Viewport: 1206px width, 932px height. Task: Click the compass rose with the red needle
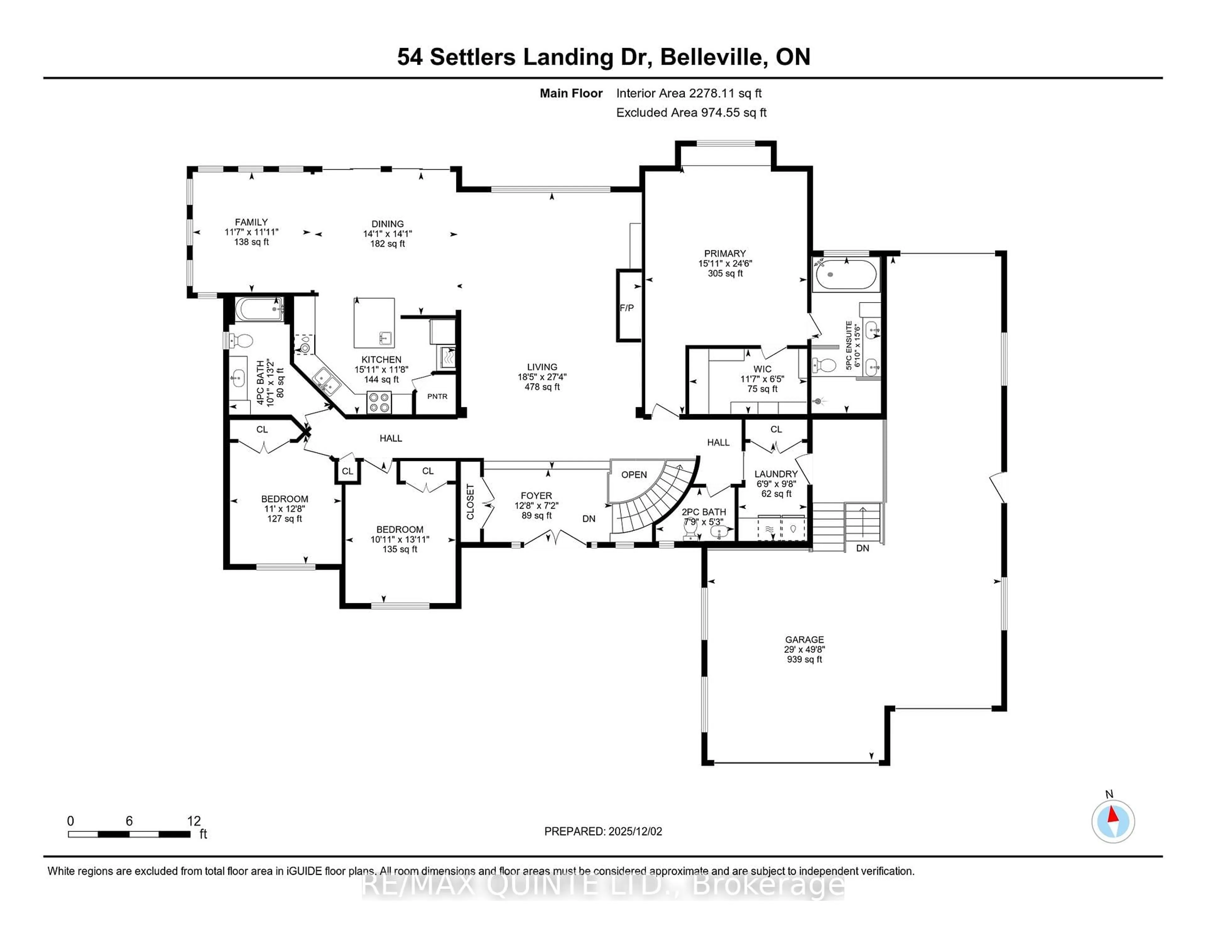tap(1113, 821)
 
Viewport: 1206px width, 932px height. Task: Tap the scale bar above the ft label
tap(129, 834)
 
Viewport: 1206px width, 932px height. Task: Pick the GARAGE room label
tap(805, 639)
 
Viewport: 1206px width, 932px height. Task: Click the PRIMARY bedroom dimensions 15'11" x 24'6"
tap(725, 263)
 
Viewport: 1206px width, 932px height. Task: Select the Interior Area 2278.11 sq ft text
tap(689, 93)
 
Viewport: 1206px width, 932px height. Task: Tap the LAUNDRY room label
tap(776, 474)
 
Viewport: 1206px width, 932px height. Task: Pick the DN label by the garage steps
tap(862, 548)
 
